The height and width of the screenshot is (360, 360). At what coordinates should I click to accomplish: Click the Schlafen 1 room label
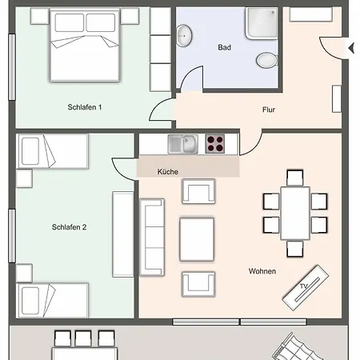[84, 107]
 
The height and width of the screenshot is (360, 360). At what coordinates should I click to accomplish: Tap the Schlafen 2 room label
[69, 227]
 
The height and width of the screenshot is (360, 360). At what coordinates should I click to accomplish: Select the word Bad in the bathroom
[225, 47]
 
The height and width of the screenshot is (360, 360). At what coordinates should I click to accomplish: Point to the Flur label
[269, 110]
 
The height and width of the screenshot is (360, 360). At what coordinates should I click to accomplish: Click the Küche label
[167, 172]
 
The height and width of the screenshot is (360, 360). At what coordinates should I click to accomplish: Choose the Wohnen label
[262, 271]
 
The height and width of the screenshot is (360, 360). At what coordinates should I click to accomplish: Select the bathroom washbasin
[185, 34]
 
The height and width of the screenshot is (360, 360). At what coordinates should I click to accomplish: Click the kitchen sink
[182, 144]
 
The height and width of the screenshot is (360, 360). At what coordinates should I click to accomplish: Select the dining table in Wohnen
[295, 212]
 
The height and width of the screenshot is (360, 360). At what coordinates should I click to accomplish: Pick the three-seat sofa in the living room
[151, 237]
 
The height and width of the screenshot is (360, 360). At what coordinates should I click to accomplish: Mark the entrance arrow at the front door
[350, 49]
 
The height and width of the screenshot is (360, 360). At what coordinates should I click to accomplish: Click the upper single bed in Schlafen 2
[52, 152]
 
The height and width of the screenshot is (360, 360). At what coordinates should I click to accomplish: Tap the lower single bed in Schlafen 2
[52, 300]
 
